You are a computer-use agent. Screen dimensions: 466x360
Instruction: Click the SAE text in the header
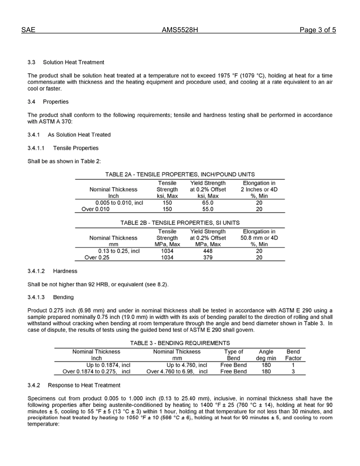[x=28, y=30]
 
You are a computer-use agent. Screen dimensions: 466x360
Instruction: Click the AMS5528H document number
[x=180, y=30]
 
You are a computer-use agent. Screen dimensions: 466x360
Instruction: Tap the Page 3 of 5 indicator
[x=318, y=30]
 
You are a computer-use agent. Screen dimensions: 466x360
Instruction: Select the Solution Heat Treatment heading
[x=74, y=62]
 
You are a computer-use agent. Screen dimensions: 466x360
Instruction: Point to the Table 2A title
[x=180, y=174]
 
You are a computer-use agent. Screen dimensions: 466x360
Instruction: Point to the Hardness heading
[x=65, y=271]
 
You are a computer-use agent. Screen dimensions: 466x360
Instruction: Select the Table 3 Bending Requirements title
[x=180, y=343]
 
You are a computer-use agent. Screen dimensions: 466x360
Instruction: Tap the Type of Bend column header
[x=233, y=355]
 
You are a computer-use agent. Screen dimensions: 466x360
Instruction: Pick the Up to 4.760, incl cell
[x=187, y=365]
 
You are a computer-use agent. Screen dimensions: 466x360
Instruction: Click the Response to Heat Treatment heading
[x=84, y=385]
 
